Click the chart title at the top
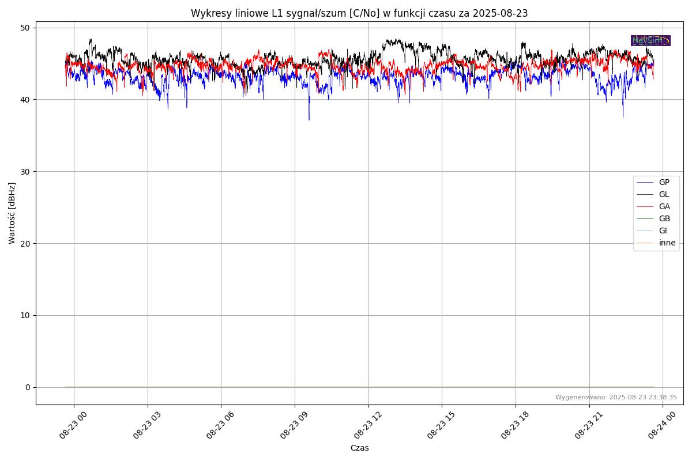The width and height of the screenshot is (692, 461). click(x=359, y=13)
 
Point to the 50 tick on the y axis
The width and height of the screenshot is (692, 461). click(x=25, y=28)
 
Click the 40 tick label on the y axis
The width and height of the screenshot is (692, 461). click(x=25, y=100)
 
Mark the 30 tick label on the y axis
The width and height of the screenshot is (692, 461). click(x=25, y=172)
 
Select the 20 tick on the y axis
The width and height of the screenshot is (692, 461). click(x=25, y=243)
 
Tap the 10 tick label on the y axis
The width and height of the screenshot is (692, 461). click(x=25, y=315)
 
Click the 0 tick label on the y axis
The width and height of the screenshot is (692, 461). click(x=28, y=387)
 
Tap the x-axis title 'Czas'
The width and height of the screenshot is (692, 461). click(x=359, y=448)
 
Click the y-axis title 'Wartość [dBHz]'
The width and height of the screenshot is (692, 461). click(x=12, y=213)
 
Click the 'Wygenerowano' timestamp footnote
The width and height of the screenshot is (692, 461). click(x=616, y=398)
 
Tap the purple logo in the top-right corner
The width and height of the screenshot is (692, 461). click(x=650, y=40)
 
